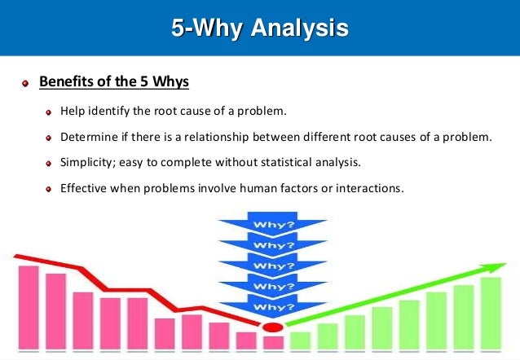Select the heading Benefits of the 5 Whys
tap(114, 82)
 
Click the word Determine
tap(90, 136)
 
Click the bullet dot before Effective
tap(50, 189)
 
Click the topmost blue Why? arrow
tap(269, 224)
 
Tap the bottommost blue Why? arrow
tap(269, 307)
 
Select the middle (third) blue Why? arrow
tap(269, 266)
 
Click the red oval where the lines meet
tap(271, 327)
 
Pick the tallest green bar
tap(491, 313)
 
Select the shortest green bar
tap(301, 340)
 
